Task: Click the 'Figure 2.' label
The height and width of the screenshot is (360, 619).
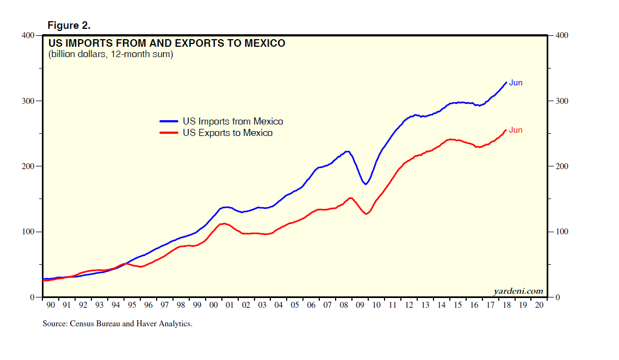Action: [x=69, y=26]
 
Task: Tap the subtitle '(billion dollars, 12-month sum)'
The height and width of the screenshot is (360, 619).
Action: [x=110, y=54]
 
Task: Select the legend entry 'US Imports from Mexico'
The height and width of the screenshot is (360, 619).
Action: [x=233, y=121]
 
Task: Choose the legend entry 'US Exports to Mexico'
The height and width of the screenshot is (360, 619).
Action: [x=227, y=133]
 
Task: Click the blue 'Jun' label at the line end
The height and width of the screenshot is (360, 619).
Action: [x=516, y=83]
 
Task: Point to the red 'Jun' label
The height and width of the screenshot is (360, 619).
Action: [x=516, y=130]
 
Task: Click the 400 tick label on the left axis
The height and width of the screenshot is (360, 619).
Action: [x=27, y=35]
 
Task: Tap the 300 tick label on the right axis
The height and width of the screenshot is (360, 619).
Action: [x=562, y=101]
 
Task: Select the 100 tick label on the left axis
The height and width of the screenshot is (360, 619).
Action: [x=27, y=232]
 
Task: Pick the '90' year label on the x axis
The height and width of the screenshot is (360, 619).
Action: [x=50, y=306]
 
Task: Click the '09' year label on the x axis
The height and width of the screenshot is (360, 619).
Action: [x=360, y=306]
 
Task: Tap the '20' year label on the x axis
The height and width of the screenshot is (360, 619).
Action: [x=538, y=306]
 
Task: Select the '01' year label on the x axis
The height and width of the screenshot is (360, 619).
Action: [x=230, y=306]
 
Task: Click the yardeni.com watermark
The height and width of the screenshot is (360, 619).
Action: [x=518, y=291]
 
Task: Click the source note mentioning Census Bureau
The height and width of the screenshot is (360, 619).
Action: [x=117, y=324]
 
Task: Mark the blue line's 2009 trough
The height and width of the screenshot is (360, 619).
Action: [x=366, y=184]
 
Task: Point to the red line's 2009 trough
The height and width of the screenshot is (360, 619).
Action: [x=366, y=214]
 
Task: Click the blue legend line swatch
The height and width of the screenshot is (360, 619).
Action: [x=169, y=121]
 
